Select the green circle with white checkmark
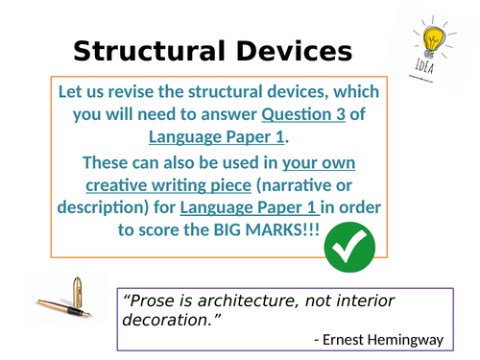349,251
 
